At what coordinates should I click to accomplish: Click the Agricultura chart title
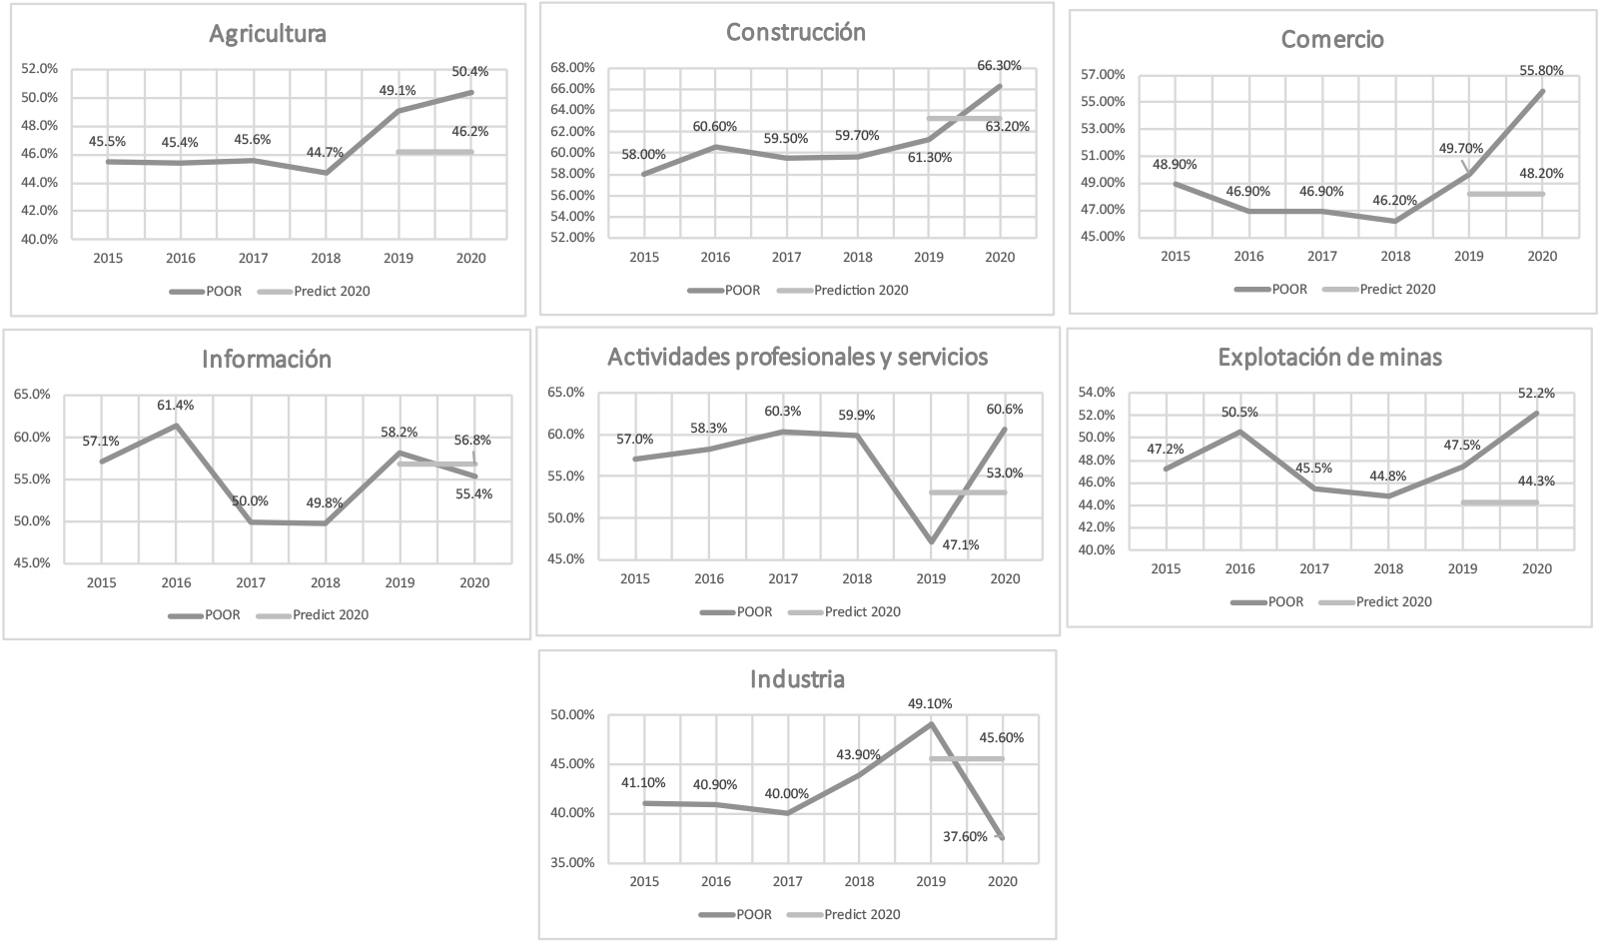pos(267,34)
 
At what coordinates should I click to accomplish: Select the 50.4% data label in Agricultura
pos(470,71)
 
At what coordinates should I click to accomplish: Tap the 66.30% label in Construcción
pos(999,65)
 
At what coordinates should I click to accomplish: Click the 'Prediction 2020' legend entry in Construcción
pos(861,291)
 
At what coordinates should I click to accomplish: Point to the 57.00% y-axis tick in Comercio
pos(1103,75)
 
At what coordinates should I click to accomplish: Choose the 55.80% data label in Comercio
pos(1542,70)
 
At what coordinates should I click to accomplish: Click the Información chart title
pos(267,359)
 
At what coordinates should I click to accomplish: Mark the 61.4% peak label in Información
pos(176,406)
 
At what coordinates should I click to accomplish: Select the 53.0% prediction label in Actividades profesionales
pos(1004,473)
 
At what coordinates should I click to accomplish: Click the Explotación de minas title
pos(1329,357)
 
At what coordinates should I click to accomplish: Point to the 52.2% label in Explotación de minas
pos(1538,394)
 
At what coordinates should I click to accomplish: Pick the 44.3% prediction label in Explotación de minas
pos(1536,481)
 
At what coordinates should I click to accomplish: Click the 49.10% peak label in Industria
pos(930,704)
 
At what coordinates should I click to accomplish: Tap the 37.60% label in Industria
pos(965,836)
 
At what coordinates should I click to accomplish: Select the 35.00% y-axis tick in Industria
pos(572,862)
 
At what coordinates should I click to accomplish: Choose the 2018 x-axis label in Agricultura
pos(326,258)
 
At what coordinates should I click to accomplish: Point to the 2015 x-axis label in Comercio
pos(1176,256)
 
